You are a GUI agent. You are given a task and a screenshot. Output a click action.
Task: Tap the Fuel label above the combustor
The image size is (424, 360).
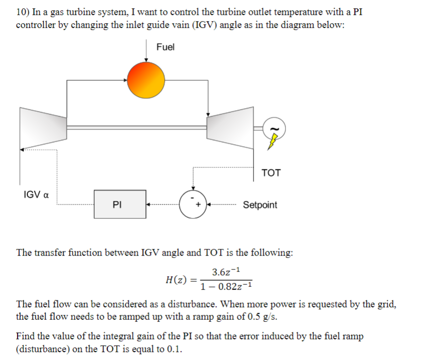pyautogui.click(x=166, y=47)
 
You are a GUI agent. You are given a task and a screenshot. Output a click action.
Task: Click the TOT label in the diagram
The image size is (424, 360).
pyautogui.click(x=271, y=173)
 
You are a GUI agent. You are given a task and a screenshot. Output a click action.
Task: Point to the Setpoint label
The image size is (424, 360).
pyautogui.click(x=260, y=205)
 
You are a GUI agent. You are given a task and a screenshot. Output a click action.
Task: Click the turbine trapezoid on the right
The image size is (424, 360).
pyautogui.click(x=230, y=126)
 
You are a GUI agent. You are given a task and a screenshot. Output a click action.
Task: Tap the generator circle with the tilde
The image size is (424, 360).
pyautogui.click(x=274, y=127)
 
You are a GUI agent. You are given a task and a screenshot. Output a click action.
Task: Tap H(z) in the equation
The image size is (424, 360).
pyautogui.click(x=176, y=280)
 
